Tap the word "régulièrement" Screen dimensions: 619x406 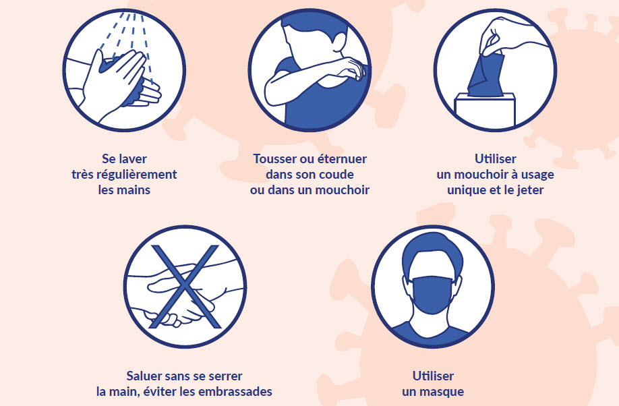point(137,175)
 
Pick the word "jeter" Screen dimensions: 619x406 point(530,190)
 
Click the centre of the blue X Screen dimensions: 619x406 point(185,287)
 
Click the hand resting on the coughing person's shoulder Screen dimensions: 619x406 point(351,68)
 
